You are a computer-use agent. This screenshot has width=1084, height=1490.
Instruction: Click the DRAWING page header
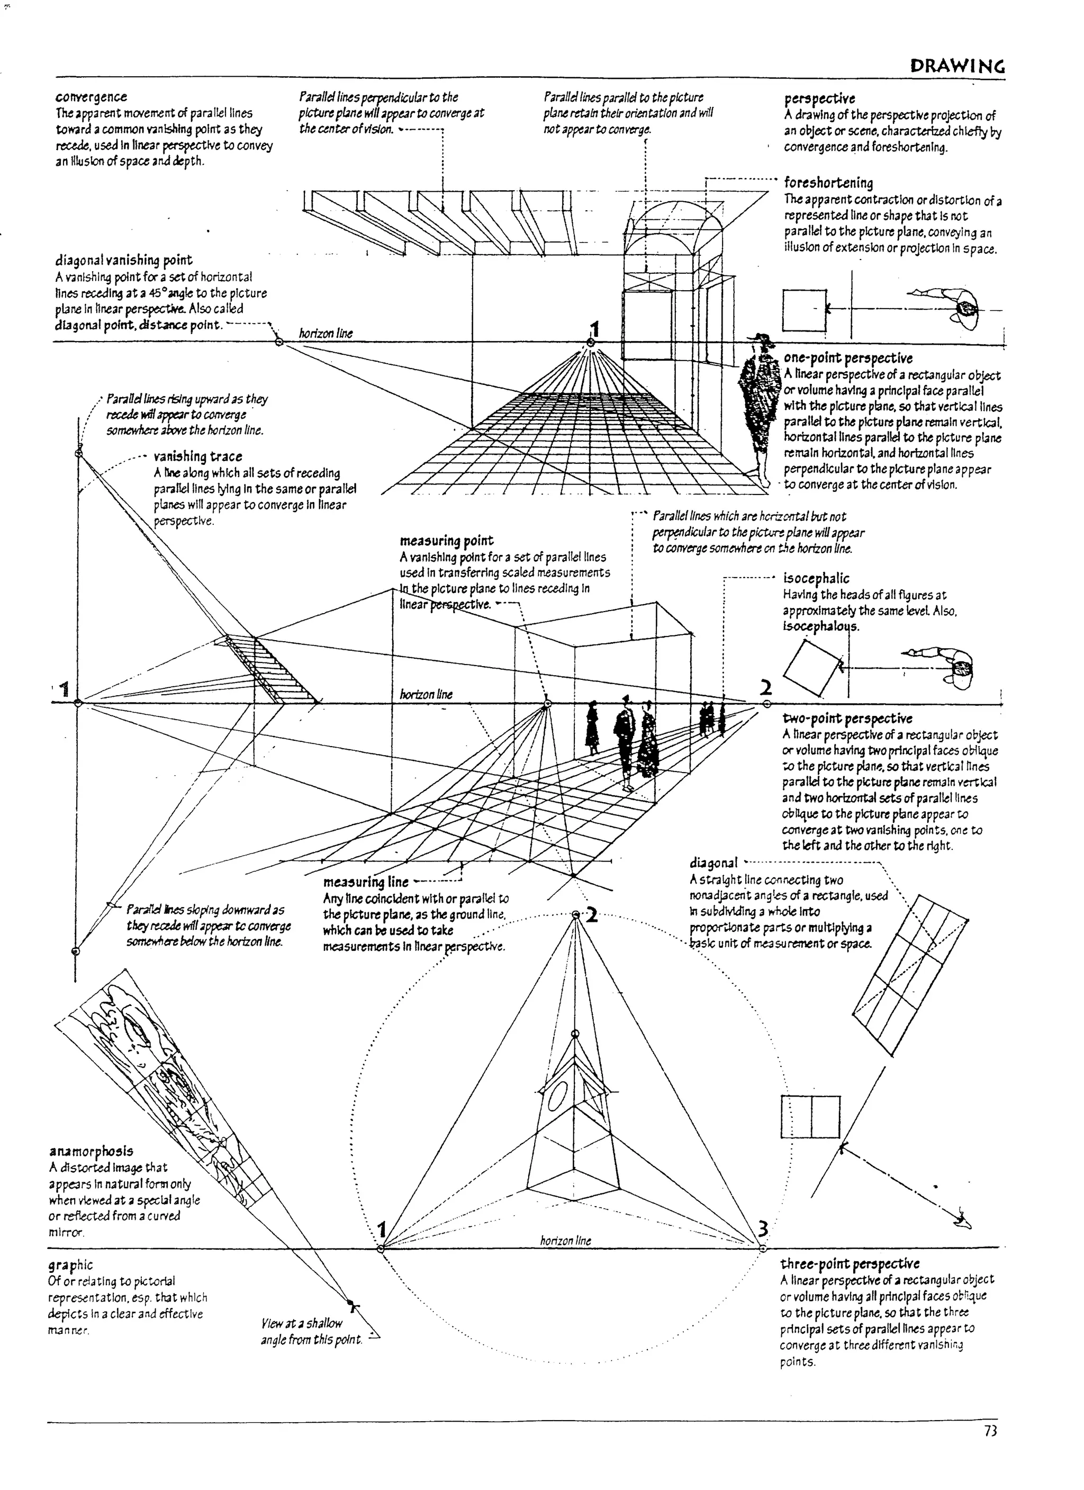click(957, 66)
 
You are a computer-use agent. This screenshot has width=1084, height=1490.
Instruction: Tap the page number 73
click(990, 1431)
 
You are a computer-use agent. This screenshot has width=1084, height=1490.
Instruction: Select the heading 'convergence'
click(91, 97)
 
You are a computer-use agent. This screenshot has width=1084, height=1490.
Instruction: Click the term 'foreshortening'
click(828, 183)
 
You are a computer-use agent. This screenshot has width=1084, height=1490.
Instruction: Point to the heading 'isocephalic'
click(816, 578)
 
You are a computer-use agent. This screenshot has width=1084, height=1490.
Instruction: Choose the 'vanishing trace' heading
click(197, 456)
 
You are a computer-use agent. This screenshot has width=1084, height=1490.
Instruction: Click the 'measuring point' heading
click(447, 541)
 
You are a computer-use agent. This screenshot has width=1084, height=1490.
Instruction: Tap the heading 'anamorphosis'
click(91, 1151)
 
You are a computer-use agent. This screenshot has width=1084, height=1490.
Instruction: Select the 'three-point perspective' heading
click(850, 1263)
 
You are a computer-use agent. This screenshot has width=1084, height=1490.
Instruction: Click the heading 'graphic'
click(70, 1264)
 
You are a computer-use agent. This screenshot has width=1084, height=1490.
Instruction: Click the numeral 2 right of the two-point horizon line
click(765, 688)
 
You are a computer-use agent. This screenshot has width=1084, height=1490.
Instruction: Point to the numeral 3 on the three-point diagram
click(762, 1227)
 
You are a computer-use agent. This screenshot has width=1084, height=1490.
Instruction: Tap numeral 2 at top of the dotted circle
click(592, 915)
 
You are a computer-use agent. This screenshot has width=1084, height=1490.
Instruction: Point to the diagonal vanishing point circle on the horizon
click(279, 342)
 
